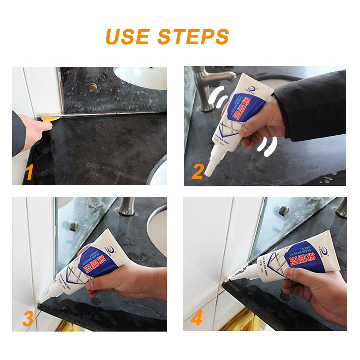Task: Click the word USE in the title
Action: pos(128,36)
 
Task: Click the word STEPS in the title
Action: pos(193,36)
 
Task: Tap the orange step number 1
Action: pos(29,172)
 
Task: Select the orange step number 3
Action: pos(28,319)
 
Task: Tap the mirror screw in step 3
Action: pos(74,226)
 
